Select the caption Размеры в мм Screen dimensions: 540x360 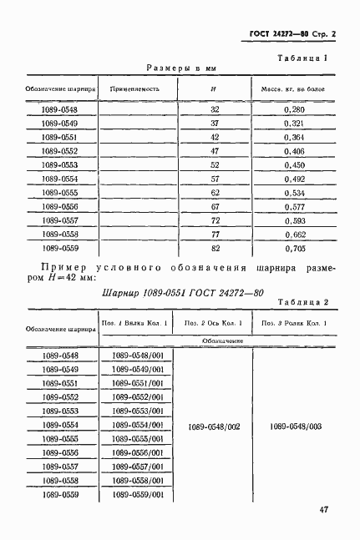click(x=181, y=68)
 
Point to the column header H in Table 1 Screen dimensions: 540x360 click(x=214, y=88)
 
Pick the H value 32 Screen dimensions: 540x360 click(x=214, y=109)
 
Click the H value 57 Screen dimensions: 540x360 click(x=214, y=179)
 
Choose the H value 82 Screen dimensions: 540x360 click(x=214, y=248)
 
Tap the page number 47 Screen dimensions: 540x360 click(x=324, y=511)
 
